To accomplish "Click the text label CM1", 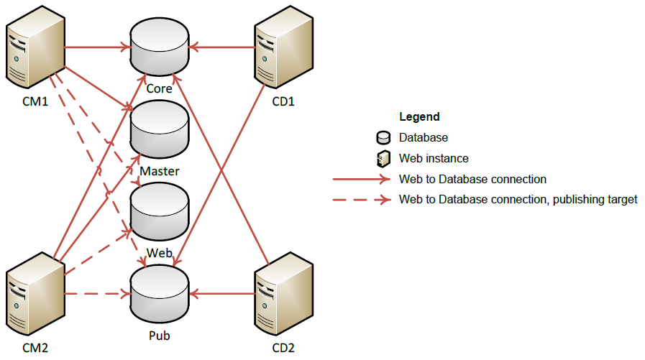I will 35,101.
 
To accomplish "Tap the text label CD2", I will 283,348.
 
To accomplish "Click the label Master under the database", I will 160,171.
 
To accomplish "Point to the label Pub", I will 159,334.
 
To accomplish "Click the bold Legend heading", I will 419,116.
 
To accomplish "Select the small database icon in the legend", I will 383,138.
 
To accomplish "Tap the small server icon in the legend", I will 383,158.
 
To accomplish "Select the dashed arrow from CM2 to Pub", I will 97,294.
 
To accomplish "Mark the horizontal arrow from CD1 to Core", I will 222,48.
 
